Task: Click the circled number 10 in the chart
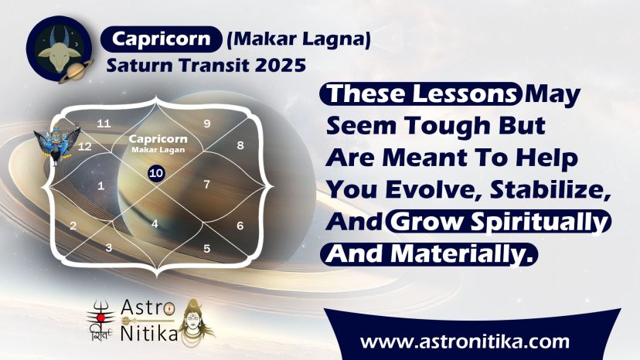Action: [x=156, y=173]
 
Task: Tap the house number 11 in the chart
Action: [x=104, y=124]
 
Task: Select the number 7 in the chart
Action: [x=207, y=185]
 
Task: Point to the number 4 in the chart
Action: [x=155, y=224]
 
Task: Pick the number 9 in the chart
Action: [x=207, y=124]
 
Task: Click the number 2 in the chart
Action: [x=73, y=226]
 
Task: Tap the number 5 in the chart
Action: [x=207, y=248]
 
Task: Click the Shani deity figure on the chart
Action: [x=57, y=143]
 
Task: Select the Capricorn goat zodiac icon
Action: [x=60, y=49]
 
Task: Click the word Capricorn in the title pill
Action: [x=162, y=39]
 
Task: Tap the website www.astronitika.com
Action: [x=465, y=341]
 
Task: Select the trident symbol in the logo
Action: [x=101, y=316]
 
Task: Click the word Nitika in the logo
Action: [x=149, y=334]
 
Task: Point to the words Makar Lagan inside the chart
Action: [x=158, y=150]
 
